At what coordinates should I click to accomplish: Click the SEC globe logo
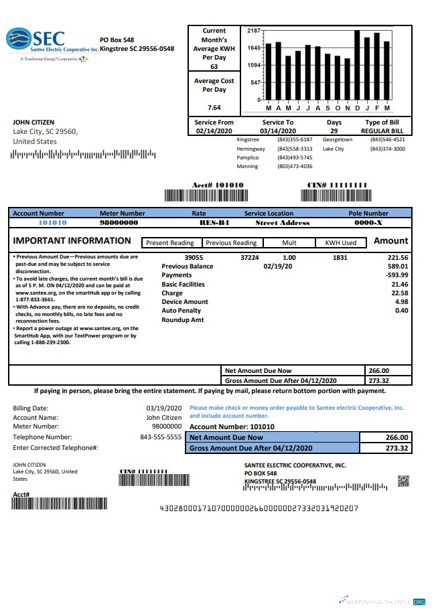click(x=18, y=40)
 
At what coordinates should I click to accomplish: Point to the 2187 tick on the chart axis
click(x=254, y=31)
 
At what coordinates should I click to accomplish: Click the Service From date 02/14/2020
click(x=214, y=131)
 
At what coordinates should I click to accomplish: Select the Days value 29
click(x=334, y=131)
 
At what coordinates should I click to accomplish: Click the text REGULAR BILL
click(x=382, y=131)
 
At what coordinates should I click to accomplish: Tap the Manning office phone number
click(x=295, y=166)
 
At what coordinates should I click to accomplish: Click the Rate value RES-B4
click(x=194, y=222)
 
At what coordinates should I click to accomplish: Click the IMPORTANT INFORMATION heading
click(x=72, y=241)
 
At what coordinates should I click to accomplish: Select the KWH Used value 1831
click(x=340, y=257)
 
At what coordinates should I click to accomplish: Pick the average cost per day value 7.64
click(x=214, y=107)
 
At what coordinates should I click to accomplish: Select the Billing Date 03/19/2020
click(x=164, y=408)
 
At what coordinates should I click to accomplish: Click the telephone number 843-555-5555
click(x=161, y=437)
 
